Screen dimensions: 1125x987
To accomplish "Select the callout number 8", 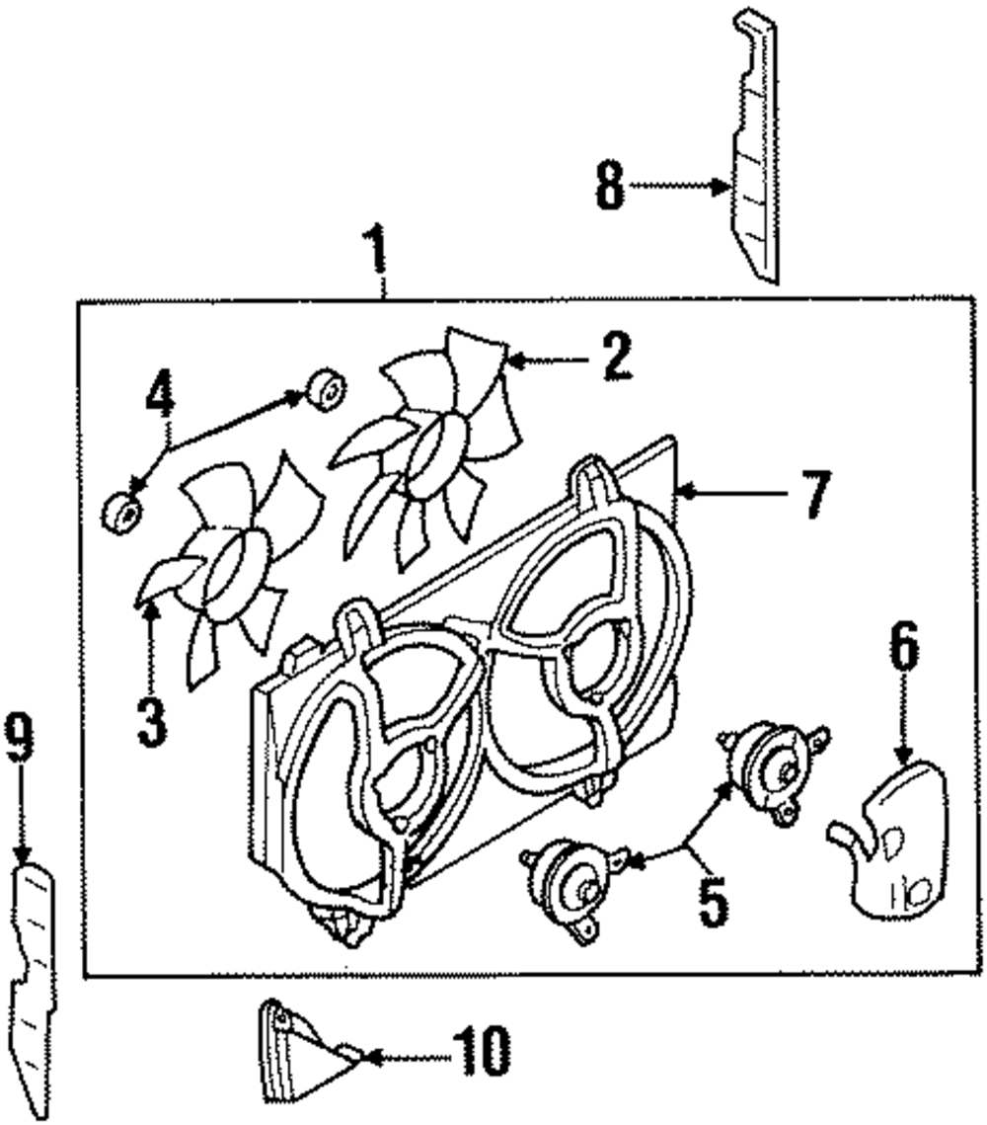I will [x=610, y=186].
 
